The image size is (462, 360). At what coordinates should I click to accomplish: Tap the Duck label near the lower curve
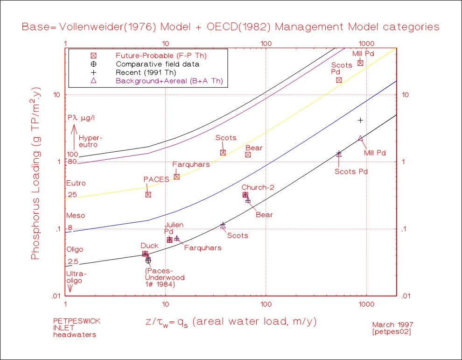[x=149, y=246]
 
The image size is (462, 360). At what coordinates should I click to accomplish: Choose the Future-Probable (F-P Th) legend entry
[x=161, y=56]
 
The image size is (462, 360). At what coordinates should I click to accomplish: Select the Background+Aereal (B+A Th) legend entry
[x=169, y=81]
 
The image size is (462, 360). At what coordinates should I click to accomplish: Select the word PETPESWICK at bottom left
[x=77, y=321]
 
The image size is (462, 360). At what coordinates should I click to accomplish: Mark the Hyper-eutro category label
[x=90, y=141]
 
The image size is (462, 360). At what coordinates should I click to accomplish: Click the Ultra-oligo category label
[x=76, y=277]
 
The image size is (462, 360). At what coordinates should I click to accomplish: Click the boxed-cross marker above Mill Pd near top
[x=360, y=63]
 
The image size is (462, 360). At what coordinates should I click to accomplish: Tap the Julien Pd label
[x=173, y=228]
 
